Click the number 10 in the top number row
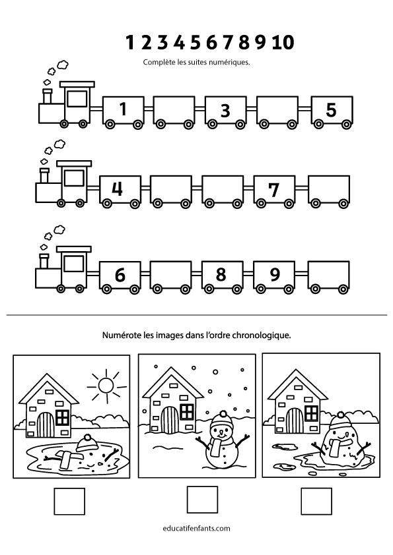click(283, 42)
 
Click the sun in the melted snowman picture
click(106, 386)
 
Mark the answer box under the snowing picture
click(202, 500)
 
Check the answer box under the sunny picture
click(69, 502)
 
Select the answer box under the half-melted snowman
click(316, 502)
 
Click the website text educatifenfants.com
click(197, 529)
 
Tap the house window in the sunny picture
click(63, 417)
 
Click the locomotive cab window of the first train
click(77, 98)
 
